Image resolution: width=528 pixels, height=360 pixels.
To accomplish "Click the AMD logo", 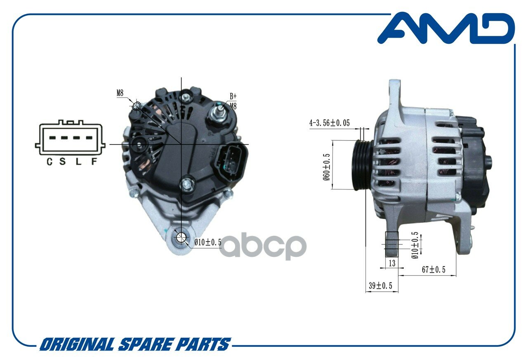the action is [x=446, y=28].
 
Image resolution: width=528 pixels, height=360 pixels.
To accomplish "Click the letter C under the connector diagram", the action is [x=49, y=161].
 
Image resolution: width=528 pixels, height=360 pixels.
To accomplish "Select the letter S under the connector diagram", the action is [x=62, y=161].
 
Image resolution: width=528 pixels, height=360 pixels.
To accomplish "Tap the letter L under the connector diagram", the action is [x=78, y=161].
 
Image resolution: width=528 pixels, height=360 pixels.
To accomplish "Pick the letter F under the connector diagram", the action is [x=94, y=161].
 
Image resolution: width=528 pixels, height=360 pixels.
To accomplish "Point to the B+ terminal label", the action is [x=233, y=96].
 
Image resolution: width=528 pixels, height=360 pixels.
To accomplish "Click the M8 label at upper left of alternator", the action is [x=120, y=93].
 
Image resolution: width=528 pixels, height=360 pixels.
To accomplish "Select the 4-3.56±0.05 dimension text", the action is [x=329, y=123].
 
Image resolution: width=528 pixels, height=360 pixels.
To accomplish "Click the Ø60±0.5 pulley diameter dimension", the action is [x=326, y=167].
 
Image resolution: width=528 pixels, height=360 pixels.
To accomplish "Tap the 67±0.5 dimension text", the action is [x=434, y=270].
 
